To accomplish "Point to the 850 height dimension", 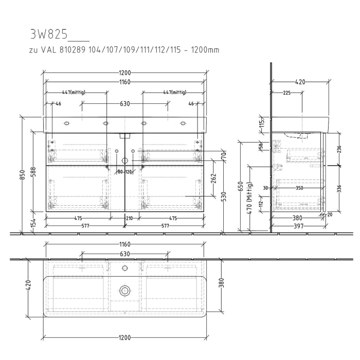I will click(22, 175).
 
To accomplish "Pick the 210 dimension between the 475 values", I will click(129, 219).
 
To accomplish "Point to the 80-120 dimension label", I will click(125, 171).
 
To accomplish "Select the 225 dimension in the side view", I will click(287, 93).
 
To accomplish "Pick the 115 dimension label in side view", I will click(261, 123).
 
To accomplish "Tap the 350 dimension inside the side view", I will click(299, 188).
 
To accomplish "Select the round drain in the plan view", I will click(124, 291).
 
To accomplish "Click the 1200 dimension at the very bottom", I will click(125, 337).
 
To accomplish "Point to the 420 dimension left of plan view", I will click(29, 284).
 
